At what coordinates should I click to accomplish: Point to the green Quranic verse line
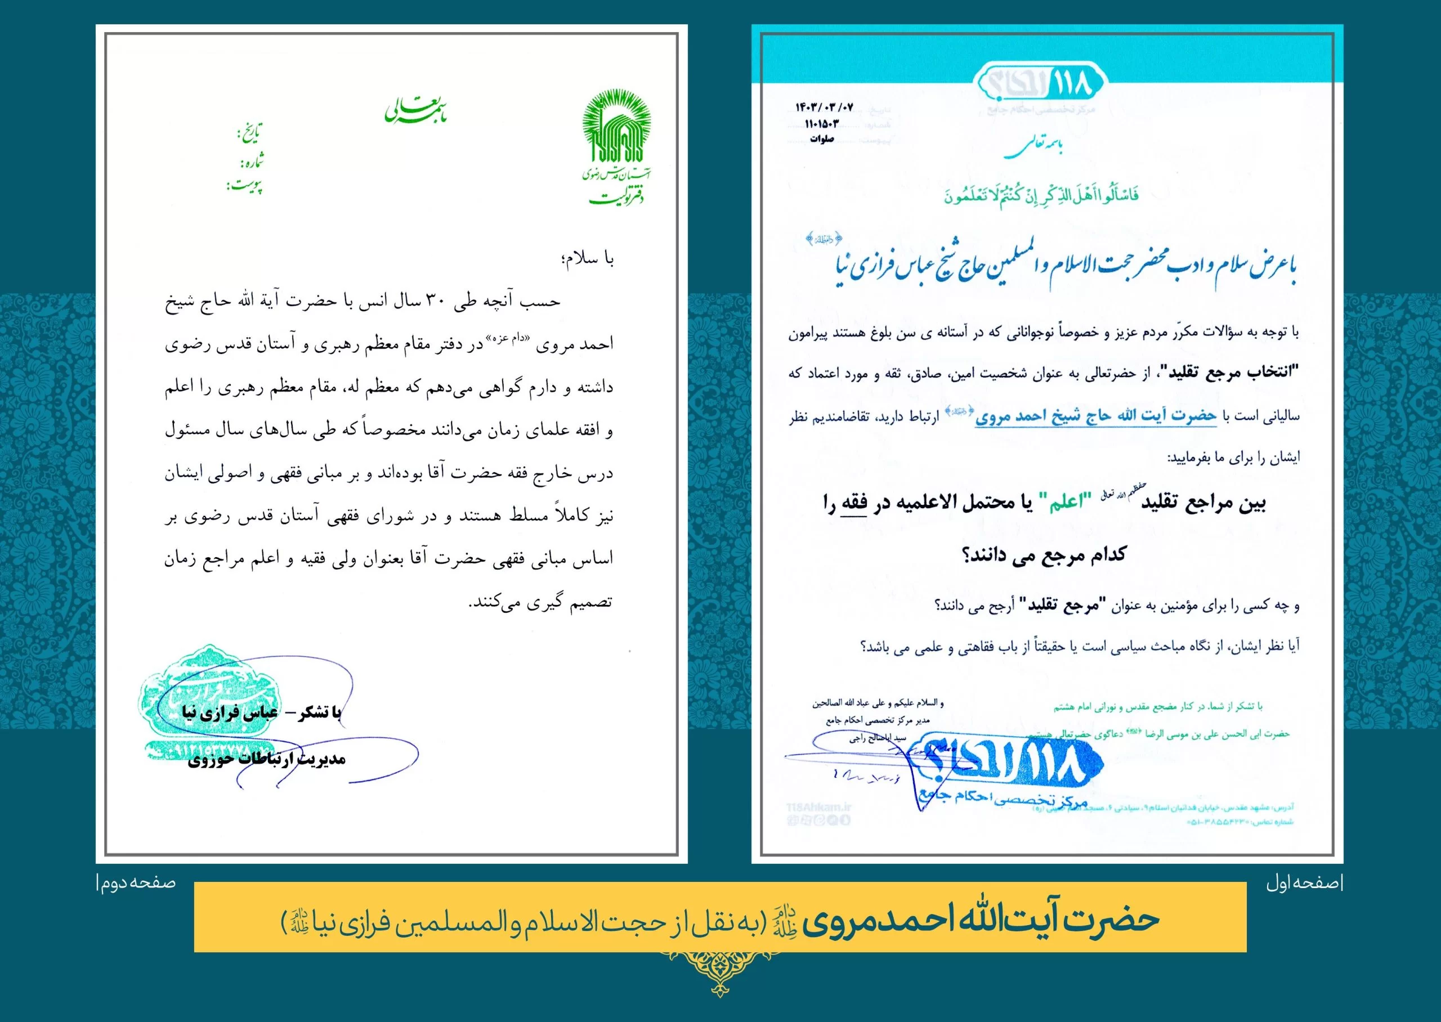click(1041, 195)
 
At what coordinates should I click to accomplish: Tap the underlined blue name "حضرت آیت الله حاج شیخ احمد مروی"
click(1095, 416)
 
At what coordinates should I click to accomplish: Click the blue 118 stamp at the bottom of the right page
click(1006, 772)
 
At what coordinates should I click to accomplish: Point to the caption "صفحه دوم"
click(137, 883)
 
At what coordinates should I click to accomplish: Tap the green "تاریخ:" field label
click(249, 133)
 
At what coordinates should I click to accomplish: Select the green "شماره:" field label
click(252, 161)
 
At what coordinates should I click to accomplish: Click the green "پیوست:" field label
click(245, 186)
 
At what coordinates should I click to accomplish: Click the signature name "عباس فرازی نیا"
click(230, 712)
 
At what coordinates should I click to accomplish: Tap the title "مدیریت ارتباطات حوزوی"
click(267, 760)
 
